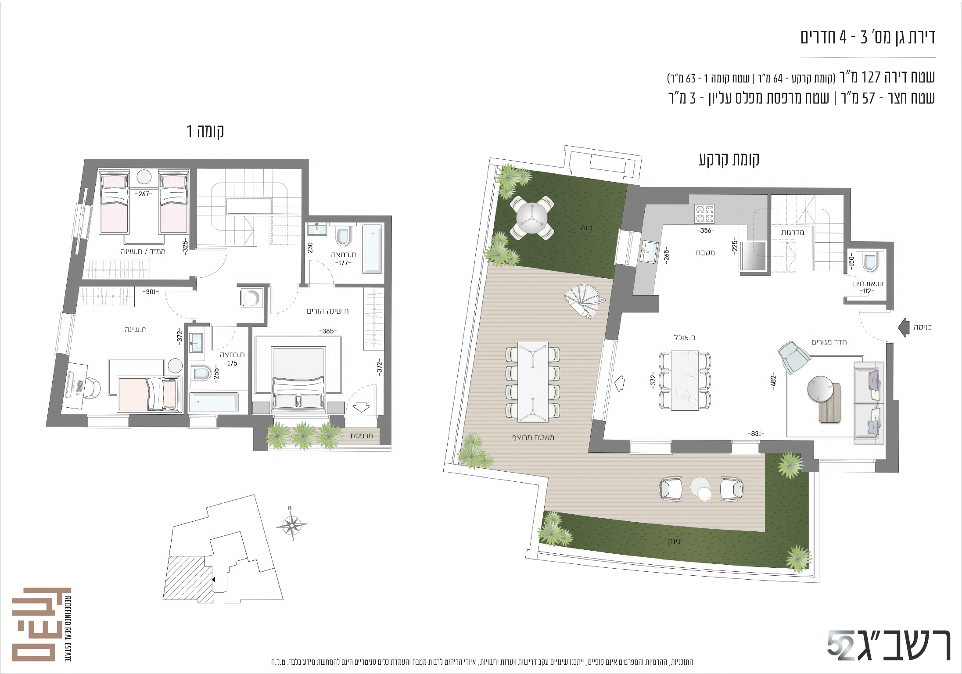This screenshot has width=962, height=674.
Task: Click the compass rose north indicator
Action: pyautogui.click(x=291, y=523)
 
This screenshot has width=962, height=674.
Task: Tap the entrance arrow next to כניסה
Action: pyautogui.click(x=904, y=327)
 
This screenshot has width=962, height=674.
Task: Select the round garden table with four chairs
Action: pyautogui.click(x=532, y=218)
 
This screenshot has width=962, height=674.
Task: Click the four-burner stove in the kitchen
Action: pyautogui.click(x=704, y=214)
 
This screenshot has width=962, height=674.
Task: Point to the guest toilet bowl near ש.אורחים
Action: pyautogui.click(x=870, y=262)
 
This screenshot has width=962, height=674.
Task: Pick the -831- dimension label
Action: pyautogui.click(x=756, y=434)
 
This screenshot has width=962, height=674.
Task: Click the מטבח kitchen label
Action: pyautogui.click(x=705, y=253)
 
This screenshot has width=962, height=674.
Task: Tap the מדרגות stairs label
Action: pyautogui.click(x=793, y=232)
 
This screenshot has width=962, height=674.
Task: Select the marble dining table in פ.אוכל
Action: pyautogui.click(x=685, y=380)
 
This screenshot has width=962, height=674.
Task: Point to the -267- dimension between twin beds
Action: pyautogui.click(x=144, y=194)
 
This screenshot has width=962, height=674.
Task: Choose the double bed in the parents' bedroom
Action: pyautogui.click(x=298, y=380)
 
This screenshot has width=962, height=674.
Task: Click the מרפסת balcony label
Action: pyautogui.click(x=361, y=436)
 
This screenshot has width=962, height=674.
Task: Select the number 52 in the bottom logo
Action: pyautogui.click(x=840, y=645)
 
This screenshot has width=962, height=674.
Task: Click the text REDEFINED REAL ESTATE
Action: pyautogui.click(x=68, y=628)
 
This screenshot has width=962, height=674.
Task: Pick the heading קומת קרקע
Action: pyautogui.click(x=729, y=159)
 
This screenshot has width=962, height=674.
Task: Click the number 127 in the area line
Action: pyautogui.click(x=871, y=77)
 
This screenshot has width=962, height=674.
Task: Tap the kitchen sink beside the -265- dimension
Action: pyautogui.click(x=649, y=252)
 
